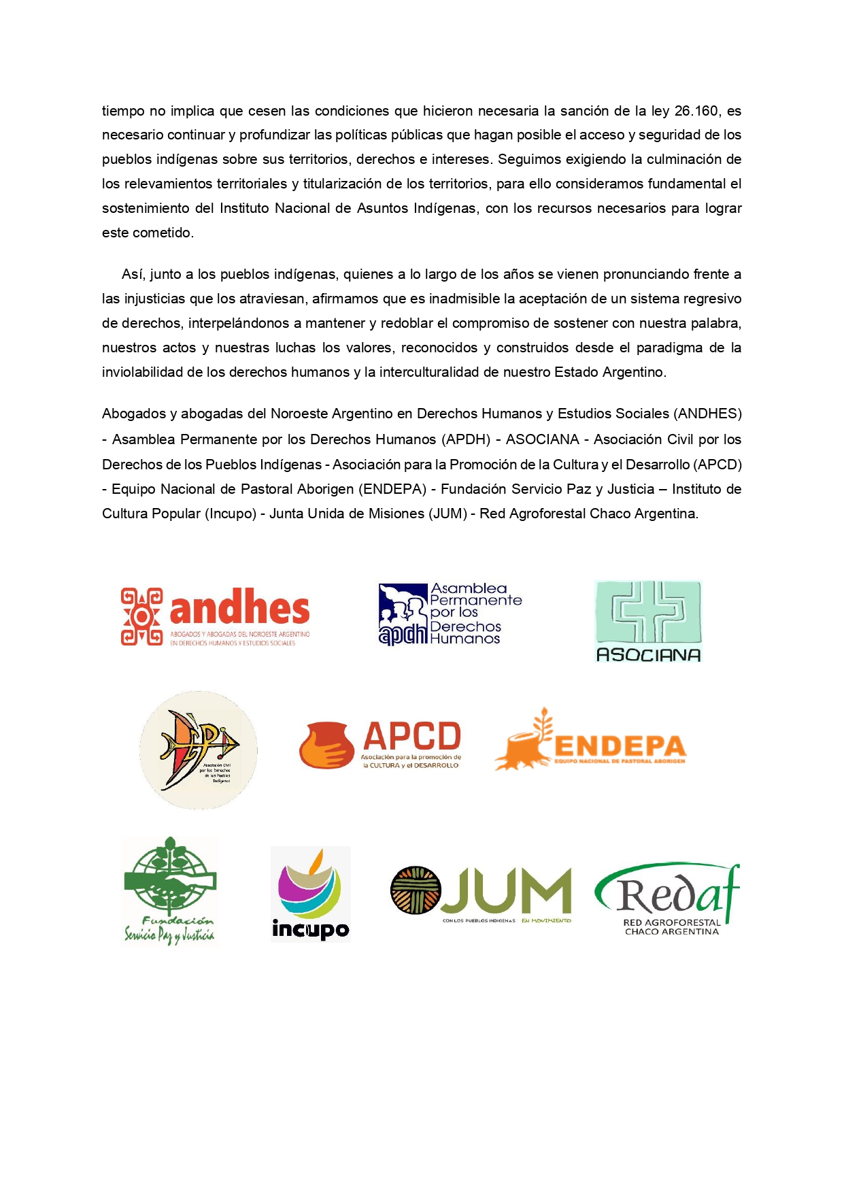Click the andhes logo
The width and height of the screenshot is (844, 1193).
pos(216,616)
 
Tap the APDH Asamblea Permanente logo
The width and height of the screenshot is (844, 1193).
pos(450,614)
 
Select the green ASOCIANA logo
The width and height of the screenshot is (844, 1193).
pos(647,621)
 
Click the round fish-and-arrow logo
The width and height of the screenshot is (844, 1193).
pos(198,750)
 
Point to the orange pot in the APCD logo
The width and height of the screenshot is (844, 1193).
pos(326,745)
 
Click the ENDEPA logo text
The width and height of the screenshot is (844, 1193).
pos(620,746)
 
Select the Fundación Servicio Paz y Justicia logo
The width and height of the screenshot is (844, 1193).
pos(169,890)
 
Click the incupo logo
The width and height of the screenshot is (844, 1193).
pos(310,894)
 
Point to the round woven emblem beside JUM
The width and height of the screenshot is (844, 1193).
pos(416,890)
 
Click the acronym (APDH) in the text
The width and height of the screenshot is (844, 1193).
pos(467,439)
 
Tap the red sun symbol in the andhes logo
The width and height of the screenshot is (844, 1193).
pos(141,616)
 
